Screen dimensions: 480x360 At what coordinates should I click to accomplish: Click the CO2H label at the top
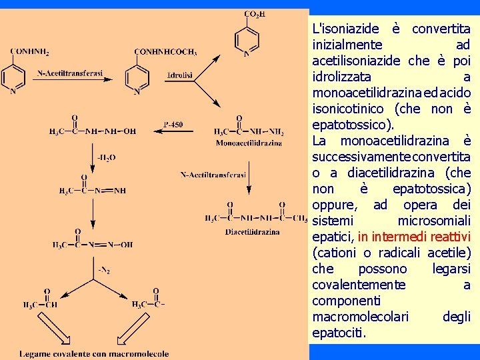[254, 14]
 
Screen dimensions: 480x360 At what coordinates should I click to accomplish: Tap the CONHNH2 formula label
[30, 51]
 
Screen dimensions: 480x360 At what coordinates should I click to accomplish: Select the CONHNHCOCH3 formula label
[165, 51]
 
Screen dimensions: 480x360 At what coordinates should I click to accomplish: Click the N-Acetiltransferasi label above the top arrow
[71, 73]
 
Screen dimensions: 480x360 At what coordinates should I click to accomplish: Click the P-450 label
[173, 124]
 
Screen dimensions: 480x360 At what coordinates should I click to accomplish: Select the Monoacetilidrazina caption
[249, 142]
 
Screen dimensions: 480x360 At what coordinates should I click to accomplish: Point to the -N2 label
[104, 270]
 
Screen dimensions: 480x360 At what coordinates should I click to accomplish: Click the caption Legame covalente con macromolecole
[94, 353]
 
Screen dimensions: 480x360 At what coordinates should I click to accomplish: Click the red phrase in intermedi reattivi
[414, 237]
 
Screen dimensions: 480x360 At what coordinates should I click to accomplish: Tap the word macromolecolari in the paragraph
[361, 316]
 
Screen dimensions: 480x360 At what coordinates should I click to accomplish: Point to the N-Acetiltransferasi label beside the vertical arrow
[213, 175]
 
